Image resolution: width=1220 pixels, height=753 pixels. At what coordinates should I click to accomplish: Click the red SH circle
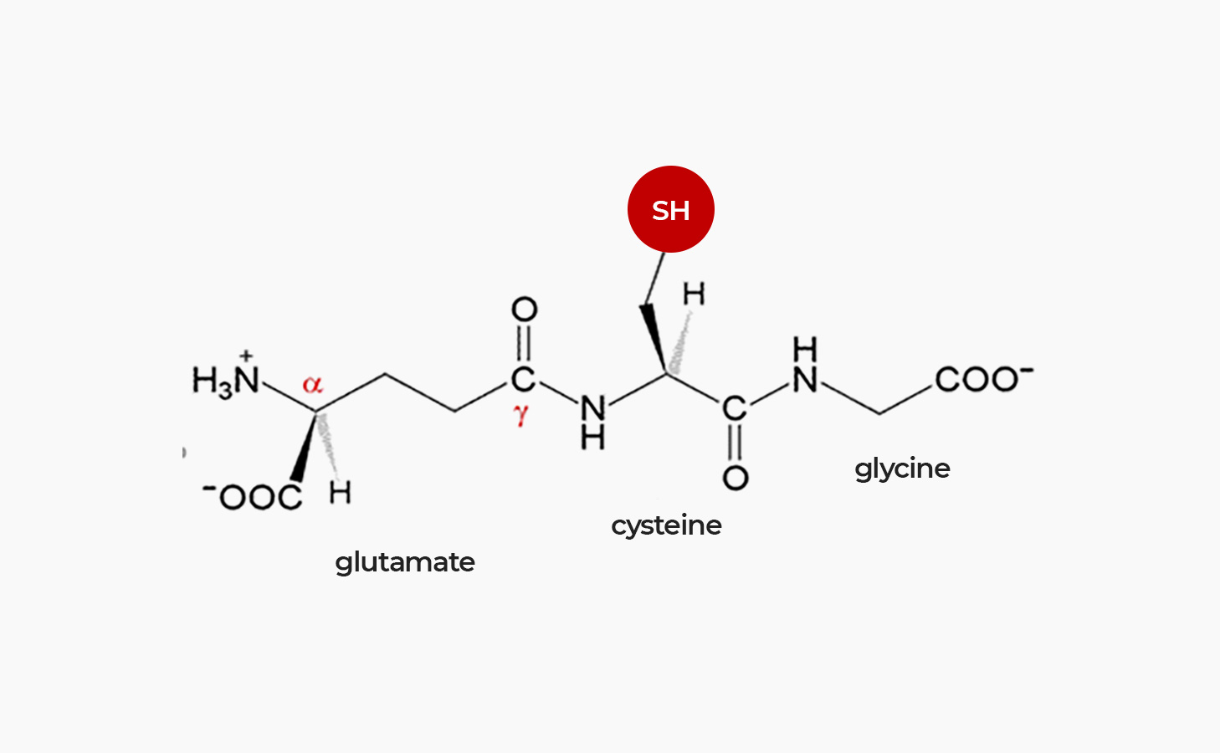670,209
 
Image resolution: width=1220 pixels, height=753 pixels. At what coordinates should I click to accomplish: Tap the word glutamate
405,563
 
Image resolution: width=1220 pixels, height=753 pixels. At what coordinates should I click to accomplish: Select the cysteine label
666,526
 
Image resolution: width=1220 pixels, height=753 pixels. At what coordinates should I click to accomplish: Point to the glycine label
902,469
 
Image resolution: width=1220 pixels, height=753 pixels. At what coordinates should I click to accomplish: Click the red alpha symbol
313,384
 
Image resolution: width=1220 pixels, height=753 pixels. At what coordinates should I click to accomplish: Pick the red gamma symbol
520,415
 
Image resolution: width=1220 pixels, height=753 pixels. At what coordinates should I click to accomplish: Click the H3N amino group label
225,381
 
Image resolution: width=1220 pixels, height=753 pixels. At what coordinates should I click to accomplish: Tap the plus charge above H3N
246,356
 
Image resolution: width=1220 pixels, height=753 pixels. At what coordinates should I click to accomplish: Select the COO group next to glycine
984,379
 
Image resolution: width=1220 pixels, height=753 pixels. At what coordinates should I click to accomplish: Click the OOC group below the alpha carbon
253,496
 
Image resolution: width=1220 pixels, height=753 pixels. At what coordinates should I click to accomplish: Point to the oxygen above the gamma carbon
524,310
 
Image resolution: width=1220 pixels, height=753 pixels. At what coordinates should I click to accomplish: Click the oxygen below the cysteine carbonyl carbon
736,478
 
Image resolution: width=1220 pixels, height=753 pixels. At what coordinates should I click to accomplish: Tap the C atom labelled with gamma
523,379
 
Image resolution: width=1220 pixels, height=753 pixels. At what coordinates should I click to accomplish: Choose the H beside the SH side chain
694,294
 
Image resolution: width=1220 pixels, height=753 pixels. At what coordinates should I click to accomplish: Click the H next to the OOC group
340,493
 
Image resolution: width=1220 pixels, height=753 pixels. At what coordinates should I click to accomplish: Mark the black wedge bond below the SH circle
654,339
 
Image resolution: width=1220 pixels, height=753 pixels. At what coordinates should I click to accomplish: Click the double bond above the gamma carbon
524,343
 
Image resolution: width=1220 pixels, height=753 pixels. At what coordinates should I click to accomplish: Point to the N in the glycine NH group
805,380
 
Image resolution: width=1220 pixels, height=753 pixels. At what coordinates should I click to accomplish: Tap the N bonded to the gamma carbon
593,407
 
